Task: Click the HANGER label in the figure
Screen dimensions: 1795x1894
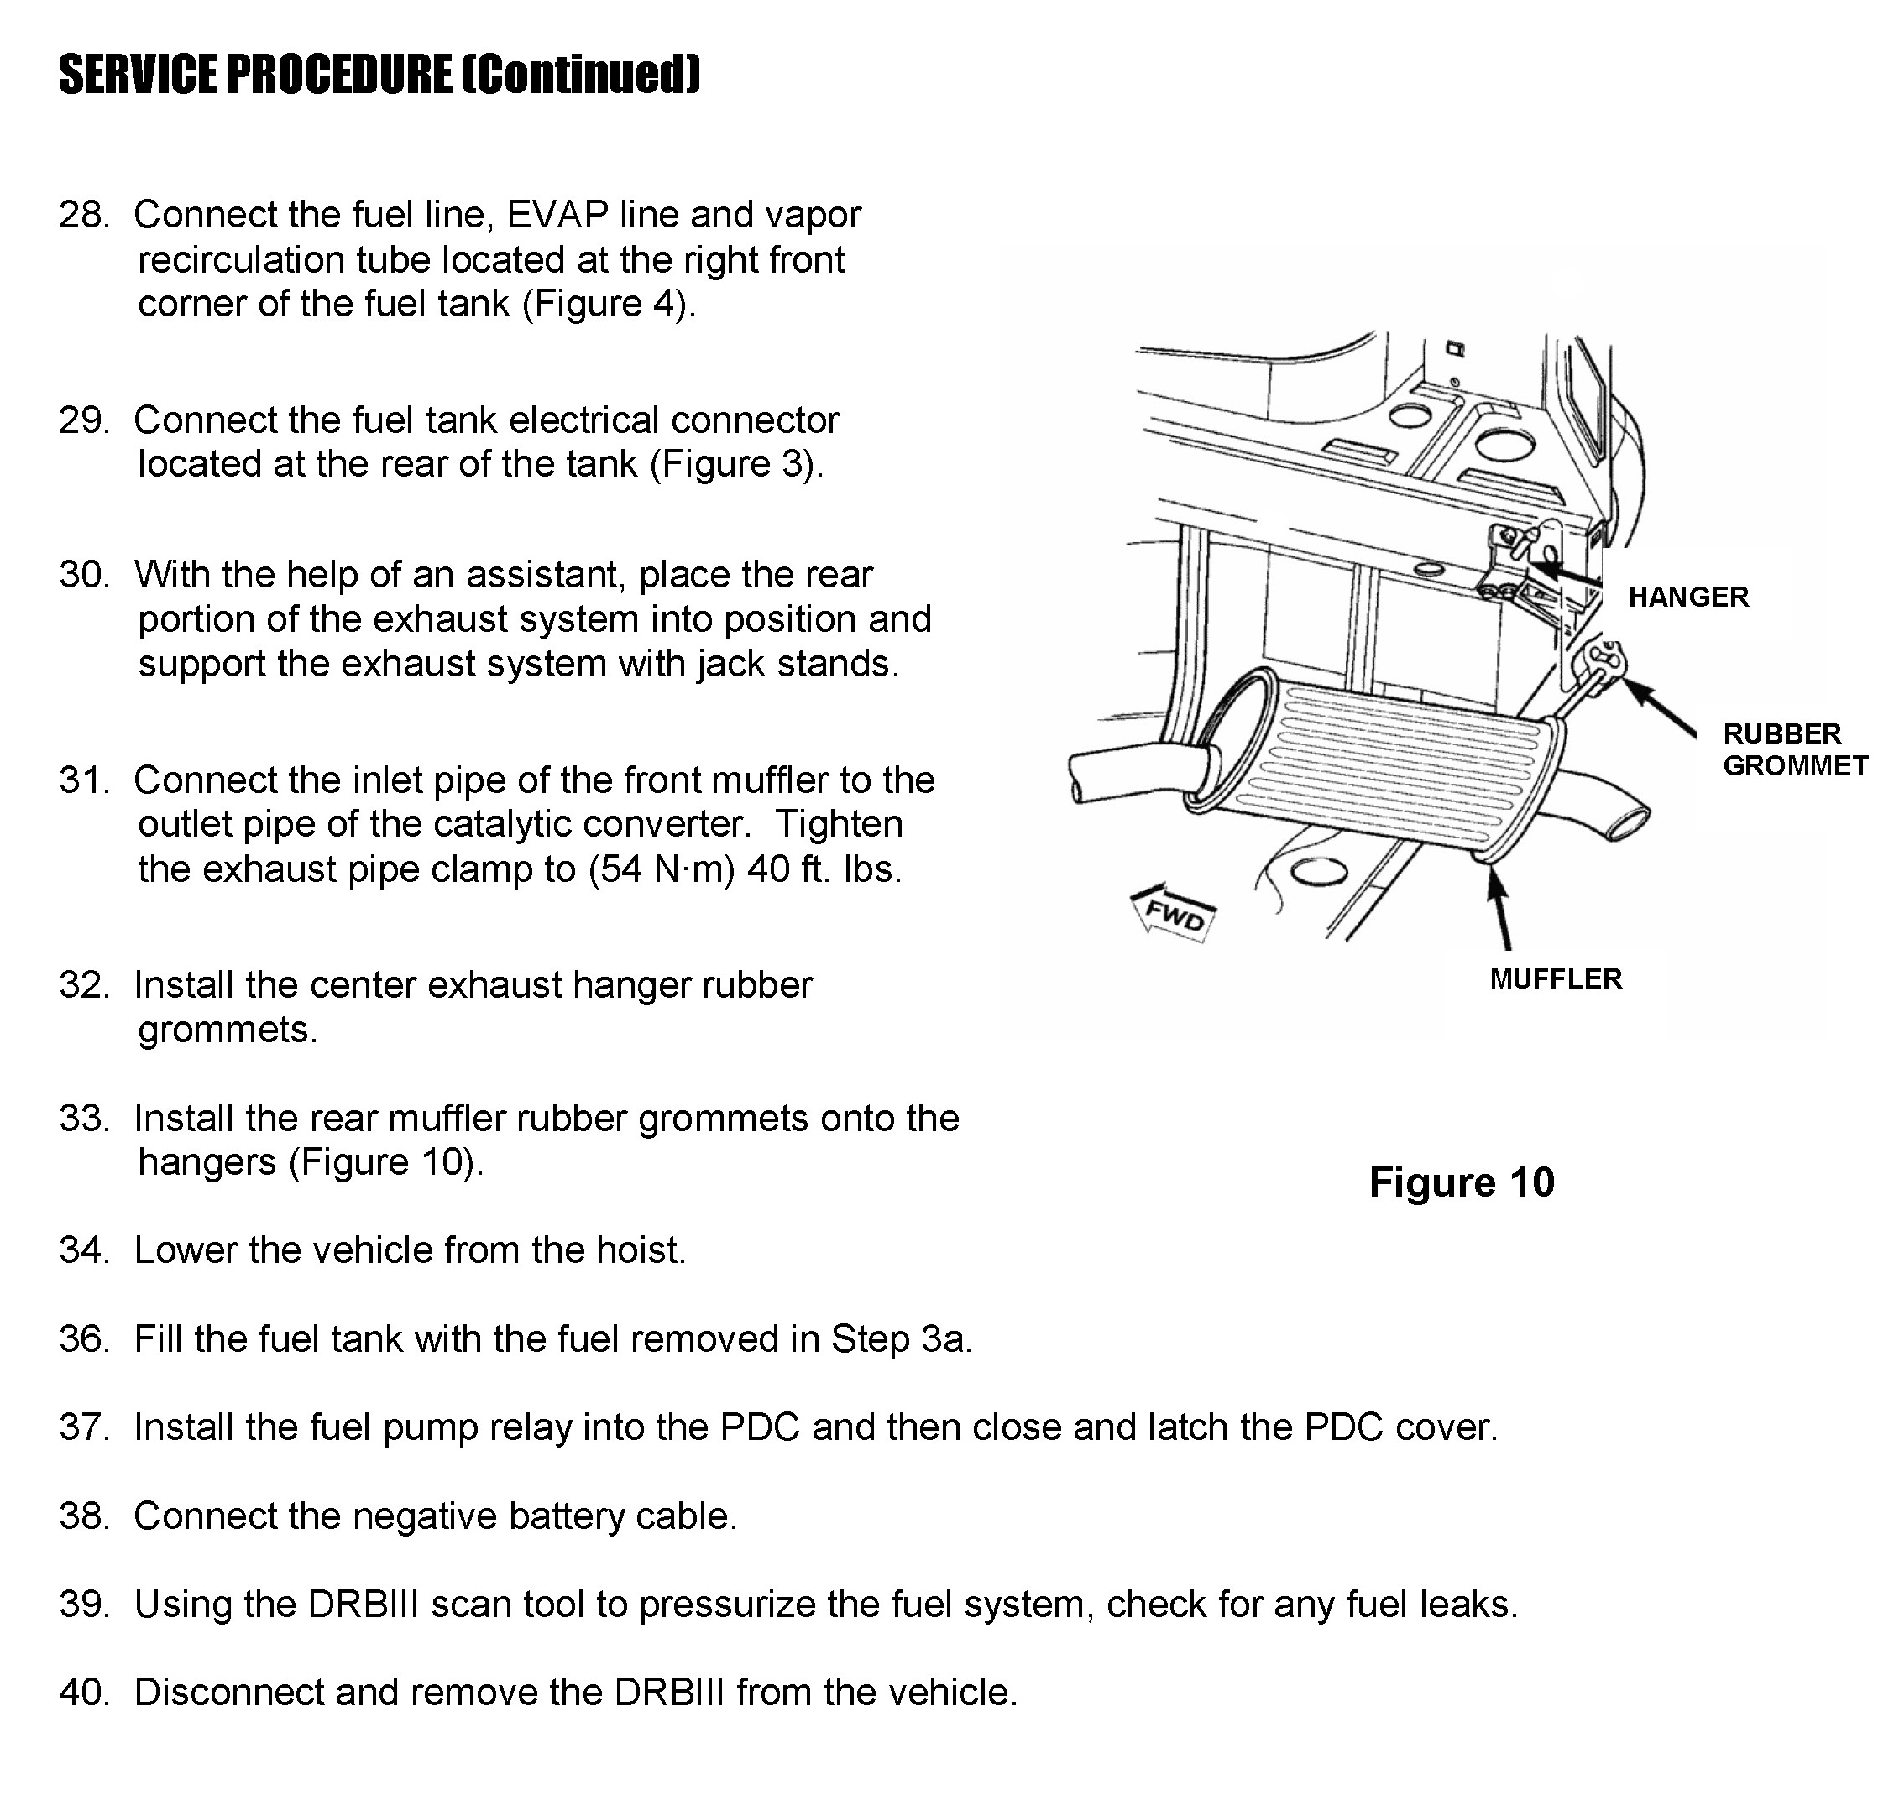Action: [1688, 597]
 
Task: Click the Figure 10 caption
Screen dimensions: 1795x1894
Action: [1462, 1182]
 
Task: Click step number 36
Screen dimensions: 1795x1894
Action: [83, 1339]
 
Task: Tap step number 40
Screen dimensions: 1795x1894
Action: [83, 1693]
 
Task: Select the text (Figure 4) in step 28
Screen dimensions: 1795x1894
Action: [607, 305]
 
